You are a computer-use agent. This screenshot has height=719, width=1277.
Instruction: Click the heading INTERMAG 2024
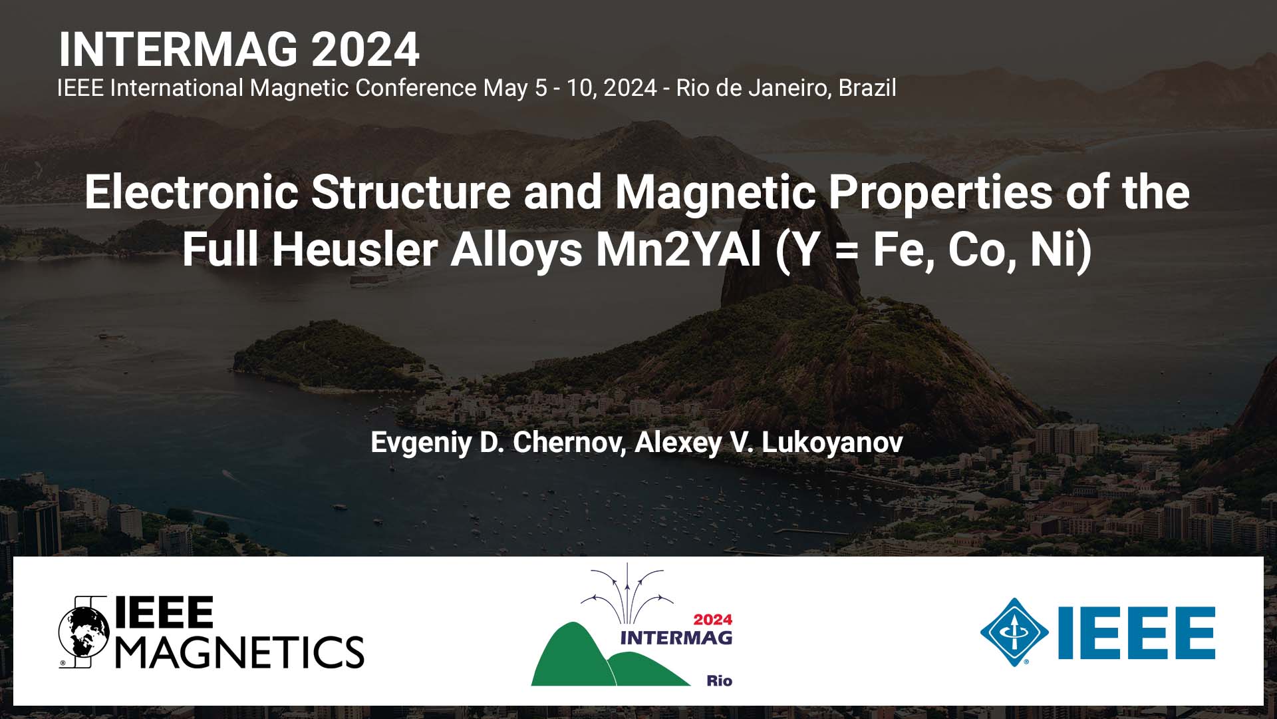239,50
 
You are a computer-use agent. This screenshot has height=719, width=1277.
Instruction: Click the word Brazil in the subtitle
867,88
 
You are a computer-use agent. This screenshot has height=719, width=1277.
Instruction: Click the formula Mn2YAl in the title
678,250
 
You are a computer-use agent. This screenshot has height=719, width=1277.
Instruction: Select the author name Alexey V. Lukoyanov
769,442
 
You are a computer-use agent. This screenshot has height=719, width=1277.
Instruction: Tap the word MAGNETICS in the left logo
241,651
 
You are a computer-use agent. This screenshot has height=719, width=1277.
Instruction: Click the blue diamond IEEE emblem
1014,632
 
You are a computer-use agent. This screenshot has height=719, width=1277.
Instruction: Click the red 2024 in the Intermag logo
712,620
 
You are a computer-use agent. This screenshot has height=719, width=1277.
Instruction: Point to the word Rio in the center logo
719,680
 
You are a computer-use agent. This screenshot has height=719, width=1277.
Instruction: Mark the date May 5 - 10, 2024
570,88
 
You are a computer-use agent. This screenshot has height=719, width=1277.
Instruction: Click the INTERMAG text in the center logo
676,638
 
